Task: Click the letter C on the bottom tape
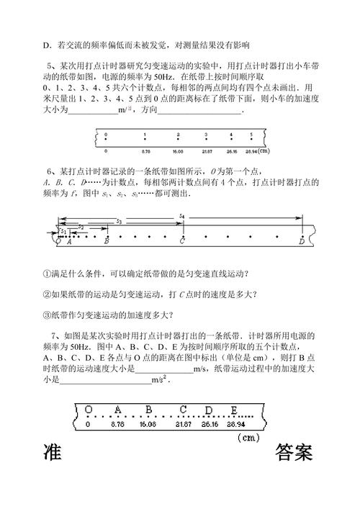click(x=184, y=410)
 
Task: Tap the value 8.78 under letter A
click(x=119, y=425)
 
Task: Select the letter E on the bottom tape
click(x=234, y=410)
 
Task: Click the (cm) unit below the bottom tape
click(x=248, y=437)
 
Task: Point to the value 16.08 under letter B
click(x=148, y=425)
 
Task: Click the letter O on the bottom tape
click(x=89, y=410)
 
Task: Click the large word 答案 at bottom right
click(x=293, y=455)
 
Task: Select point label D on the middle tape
click(x=302, y=242)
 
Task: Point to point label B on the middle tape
click(x=107, y=242)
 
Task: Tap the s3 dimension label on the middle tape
click(x=119, y=221)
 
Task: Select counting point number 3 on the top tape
click(x=206, y=135)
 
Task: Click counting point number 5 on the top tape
click(x=251, y=135)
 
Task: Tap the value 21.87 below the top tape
click(x=207, y=151)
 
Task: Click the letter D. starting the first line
click(x=46, y=45)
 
